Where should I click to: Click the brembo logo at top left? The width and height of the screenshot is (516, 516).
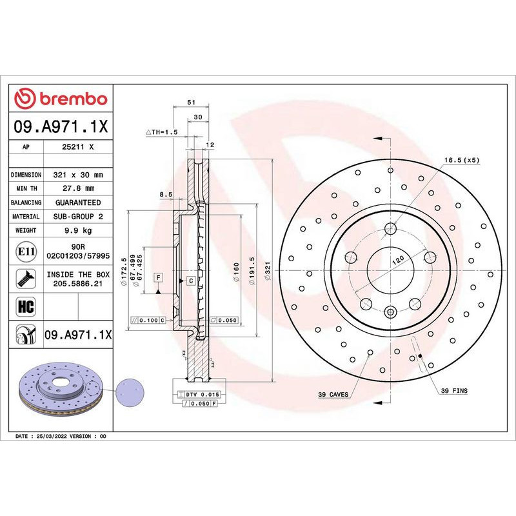tap(61, 99)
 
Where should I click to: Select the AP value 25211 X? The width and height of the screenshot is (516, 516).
tap(77, 147)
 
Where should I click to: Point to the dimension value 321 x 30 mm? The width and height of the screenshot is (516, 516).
tap(77, 175)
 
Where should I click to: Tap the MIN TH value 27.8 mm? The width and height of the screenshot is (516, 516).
tap(77, 188)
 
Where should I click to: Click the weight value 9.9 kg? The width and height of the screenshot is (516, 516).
tap(77, 230)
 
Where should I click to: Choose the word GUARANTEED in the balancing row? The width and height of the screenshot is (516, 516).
tap(77, 203)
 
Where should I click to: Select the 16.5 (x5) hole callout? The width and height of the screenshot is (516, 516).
tap(462, 159)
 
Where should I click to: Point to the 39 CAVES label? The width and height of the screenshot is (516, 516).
tap(333, 393)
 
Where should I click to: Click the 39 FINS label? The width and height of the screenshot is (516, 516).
tap(454, 391)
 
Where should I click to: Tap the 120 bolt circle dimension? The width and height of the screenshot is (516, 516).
tap(399, 259)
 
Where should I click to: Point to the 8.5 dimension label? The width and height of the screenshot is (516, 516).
tap(165, 193)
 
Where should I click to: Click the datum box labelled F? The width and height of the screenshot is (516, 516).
tap(157, 277)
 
